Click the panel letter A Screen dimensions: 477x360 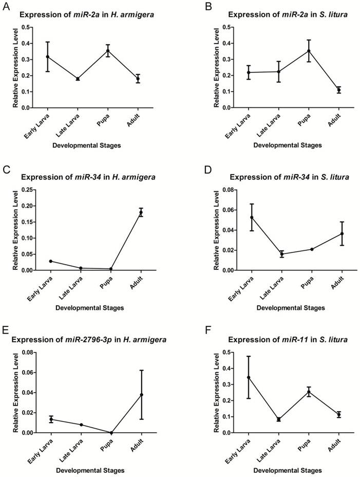[x=6, y=6]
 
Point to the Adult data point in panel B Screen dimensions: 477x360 [x=339, y=90]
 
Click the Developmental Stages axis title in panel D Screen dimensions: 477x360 [x=290, y=307]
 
